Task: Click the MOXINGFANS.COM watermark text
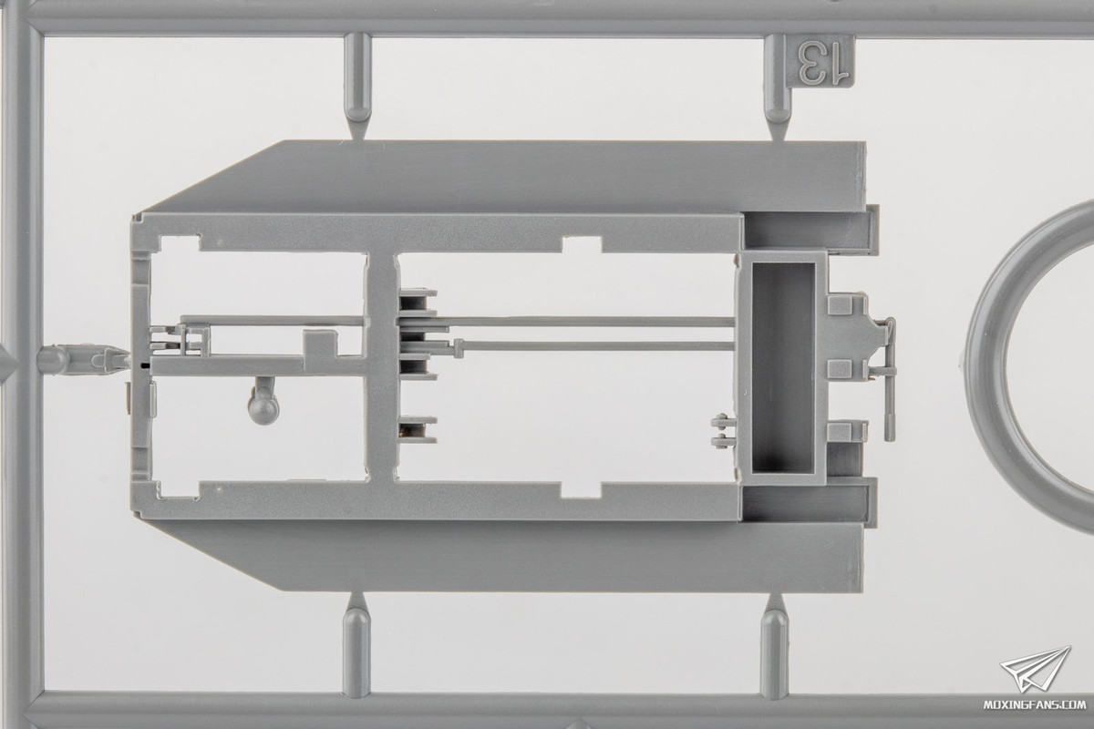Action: click(x=1034, y=704)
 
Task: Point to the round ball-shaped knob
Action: click(x=263, y=406)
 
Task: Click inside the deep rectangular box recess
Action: click(x=783, y=368)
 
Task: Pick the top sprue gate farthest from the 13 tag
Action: click(x=357, y=87)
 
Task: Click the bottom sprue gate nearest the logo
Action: click(x=775, y=645)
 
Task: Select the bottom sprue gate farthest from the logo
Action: click(x=356, y=645)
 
